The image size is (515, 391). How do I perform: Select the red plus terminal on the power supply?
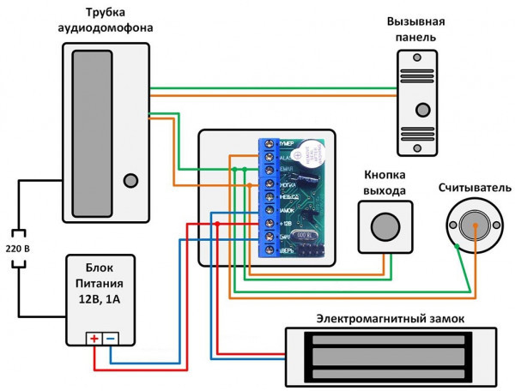pos(94,339)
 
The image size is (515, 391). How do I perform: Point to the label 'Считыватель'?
pos(471,187)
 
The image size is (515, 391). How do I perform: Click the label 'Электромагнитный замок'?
pos(390,318)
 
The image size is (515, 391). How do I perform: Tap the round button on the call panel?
pos(422,110)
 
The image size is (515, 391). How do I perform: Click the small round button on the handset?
pos(130,181)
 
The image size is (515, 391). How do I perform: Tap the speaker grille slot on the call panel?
pos(422,64)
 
